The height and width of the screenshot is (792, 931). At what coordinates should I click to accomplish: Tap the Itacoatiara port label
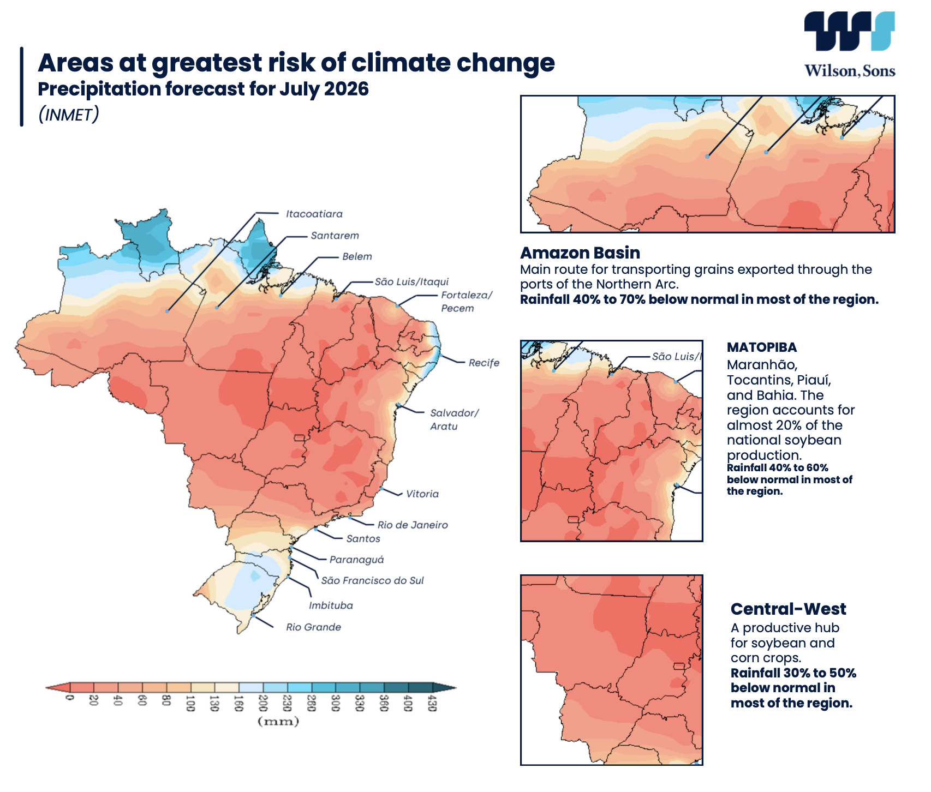pos(314,214)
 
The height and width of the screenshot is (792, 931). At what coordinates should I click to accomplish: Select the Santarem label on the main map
pos(335,236)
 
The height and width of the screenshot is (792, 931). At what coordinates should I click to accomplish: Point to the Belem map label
pos(357,256)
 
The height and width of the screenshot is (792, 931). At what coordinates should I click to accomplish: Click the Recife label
pos(484,363)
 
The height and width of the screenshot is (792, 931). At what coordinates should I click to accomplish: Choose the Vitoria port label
pos(422,494)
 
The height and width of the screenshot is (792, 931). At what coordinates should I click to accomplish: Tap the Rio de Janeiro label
pos(413,525)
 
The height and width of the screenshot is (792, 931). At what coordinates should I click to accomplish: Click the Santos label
pos(363,538)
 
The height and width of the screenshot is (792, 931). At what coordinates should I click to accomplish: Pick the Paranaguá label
pos(357,559)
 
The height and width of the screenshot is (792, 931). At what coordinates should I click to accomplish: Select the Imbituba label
pos(331,605)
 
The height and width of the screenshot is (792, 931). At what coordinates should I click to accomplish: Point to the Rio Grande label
pos(314,627)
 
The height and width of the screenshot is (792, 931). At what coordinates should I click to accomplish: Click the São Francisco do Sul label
pos(372,580)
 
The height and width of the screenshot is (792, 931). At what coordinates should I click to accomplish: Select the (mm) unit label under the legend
pos(278,722)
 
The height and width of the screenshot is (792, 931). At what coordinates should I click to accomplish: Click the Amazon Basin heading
pos(580,253)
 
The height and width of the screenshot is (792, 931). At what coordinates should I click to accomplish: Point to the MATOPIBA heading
pos(762,347)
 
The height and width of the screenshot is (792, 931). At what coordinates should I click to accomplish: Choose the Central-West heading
pos(788,609)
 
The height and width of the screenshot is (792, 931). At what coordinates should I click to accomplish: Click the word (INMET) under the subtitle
pos(69,114)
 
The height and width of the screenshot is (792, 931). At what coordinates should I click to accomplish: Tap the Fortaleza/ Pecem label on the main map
pos(467,302)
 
